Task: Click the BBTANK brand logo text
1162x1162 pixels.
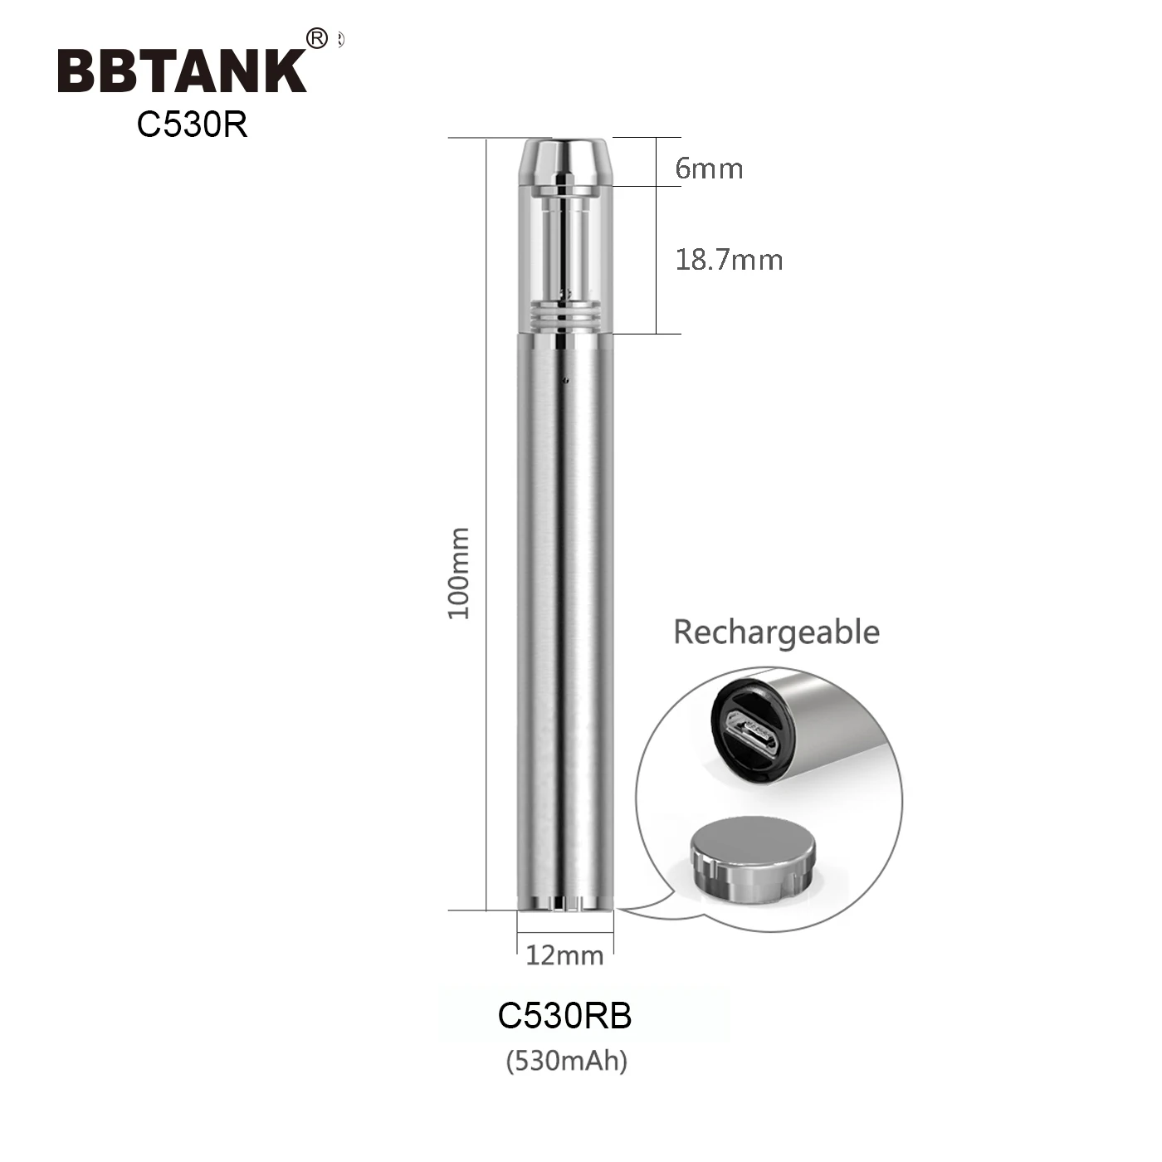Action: [x=182, y=71]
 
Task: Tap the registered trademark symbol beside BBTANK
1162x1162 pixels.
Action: [x=317, y=38]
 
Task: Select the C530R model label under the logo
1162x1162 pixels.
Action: [x=193, y=124]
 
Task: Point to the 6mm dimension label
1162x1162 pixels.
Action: [x=708, y=168]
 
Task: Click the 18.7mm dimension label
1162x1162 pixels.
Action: [x=729, y=260]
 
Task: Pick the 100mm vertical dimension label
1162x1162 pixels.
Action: [x=459, y=573]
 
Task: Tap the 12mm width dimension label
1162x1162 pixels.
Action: [x=564, y=955]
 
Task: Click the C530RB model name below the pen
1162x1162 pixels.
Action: [x=564, y=1016]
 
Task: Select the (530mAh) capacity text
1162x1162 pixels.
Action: [x=566, y=1061]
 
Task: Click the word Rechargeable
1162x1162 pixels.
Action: [x=776, y=632]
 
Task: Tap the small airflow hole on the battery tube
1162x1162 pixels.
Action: [x=564, y=381]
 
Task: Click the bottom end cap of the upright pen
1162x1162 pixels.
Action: [x=565, y=903]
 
